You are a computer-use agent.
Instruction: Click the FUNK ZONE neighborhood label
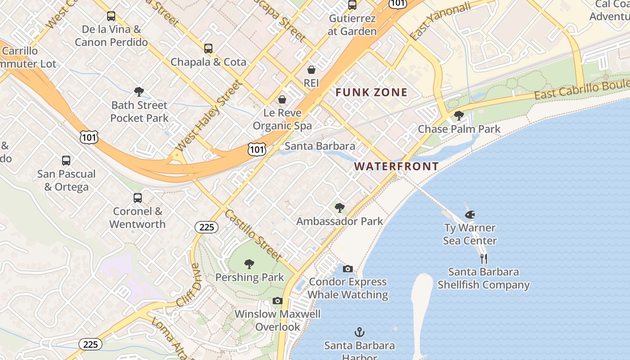tap(372, 93)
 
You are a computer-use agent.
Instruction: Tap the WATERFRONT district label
tap(396, 166)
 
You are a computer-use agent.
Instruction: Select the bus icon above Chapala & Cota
tap(208, 49)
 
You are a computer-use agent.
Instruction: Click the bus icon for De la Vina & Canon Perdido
tap(111, 17)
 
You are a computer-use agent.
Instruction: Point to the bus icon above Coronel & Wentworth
tap(138, 198)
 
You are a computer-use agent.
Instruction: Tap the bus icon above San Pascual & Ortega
tap(66, 161)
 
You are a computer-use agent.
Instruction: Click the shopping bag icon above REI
tap(311, 70)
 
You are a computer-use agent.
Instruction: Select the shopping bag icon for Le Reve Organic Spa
tap(282, 99)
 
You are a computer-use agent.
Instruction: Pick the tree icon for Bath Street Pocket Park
tap(139, 92)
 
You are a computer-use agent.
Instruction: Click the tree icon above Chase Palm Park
tap(459, 116)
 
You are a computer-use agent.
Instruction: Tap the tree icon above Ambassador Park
tap(340, 208)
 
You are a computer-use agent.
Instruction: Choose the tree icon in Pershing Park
tap(249, 264)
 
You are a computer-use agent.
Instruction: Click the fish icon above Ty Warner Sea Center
tap(470, 215)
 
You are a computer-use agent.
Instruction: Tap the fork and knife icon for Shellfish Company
tap(484, 259)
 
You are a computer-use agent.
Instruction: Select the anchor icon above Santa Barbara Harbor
tap(359, 333)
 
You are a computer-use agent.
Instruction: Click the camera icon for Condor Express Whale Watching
tap(348, 269)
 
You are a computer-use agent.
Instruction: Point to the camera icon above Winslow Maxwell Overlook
tap(278, 301)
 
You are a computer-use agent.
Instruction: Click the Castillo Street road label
tap(253, 235)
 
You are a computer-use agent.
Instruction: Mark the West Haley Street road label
tap(208, 116)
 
